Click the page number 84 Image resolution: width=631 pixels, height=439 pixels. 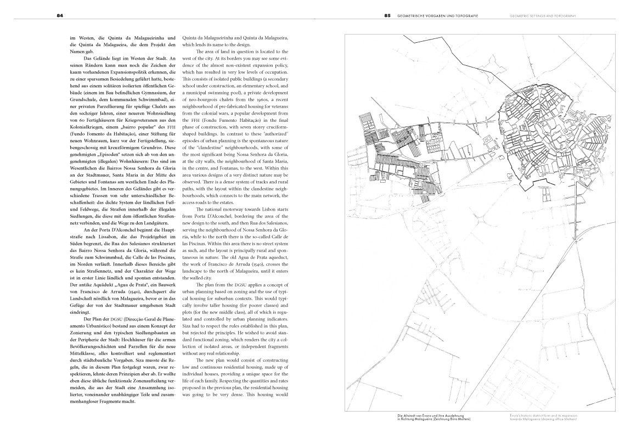pyautogui.click(x=59, y=16)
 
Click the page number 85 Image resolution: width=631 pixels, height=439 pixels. pyautogui.click(x=387, y=16)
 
